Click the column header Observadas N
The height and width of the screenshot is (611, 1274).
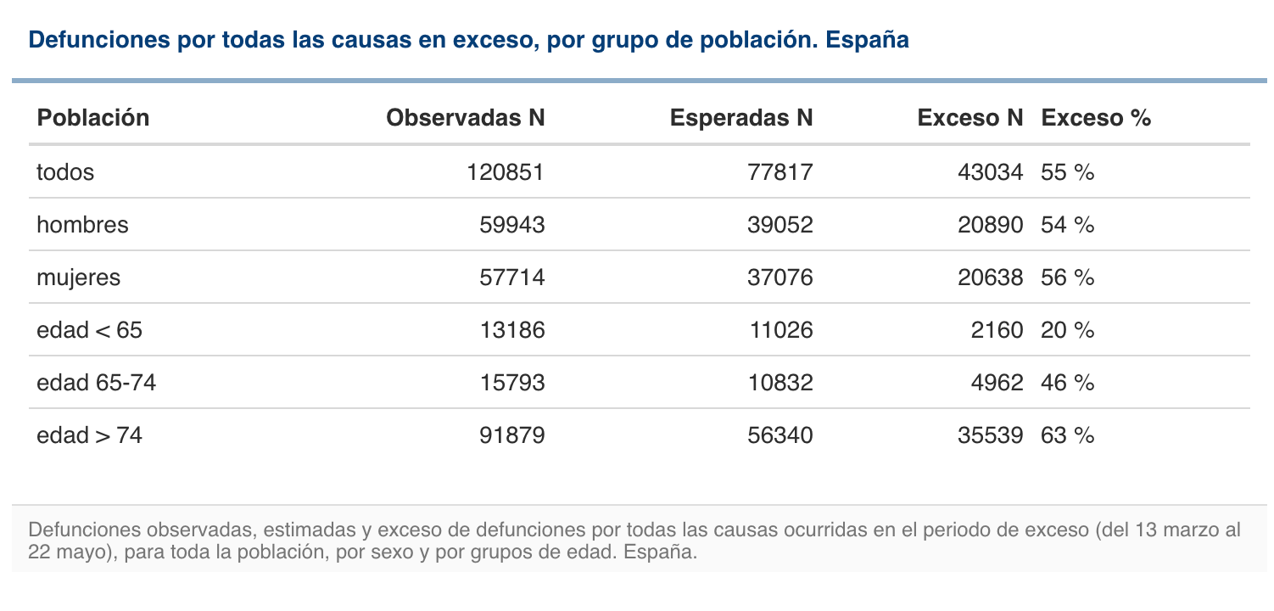(x=465, y=118)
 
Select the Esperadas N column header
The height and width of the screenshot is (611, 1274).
(x=740, y=118)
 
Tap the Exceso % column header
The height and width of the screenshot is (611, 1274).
(x=1096, y=118)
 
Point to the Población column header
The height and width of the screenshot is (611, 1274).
(x=93, y=118)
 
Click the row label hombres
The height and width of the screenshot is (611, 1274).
(x=82, y=225)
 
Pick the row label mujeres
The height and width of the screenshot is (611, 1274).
(x=79, y=277)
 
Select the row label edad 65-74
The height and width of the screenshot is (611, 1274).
(x=96, y=383)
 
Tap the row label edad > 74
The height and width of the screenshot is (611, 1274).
(x=89, y=435)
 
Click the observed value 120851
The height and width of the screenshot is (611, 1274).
(x=506, y=172)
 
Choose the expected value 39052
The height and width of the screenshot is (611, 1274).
(x=780, y=225)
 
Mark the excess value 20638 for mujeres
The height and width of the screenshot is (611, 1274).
(x=990, y=277)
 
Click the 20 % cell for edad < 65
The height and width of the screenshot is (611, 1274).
(x=1068, y=330)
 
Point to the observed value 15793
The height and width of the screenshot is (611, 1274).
(x=511, y=383)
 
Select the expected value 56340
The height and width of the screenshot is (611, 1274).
(x=780, y=435)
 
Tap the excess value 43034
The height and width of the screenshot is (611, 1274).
(x=990, y=172)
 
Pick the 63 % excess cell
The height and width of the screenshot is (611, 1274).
(x=1068, y=435)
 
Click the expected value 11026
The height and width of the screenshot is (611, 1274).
(x=780, y=330)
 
